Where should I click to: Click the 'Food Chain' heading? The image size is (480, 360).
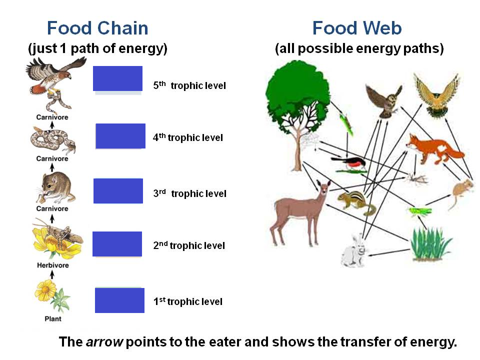(x=97, y=28)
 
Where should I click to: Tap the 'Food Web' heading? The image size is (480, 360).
(x=357, y=28)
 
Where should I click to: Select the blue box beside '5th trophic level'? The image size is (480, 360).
(x=118, y=78)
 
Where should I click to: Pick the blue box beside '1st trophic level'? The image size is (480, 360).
(x=119, y=300)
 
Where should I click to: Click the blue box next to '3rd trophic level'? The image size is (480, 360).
(x=118, y=190)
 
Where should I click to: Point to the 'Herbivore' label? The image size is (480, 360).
(x=52, y=265)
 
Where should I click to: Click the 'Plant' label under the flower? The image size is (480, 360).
(x=53, y=318)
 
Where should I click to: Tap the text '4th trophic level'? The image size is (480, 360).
(x=188, y=137)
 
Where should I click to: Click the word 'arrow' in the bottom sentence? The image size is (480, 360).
(x=104, y=342)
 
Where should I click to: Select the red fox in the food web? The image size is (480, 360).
(x=434, y=148)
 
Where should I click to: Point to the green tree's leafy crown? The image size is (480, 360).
(x=297, y=95)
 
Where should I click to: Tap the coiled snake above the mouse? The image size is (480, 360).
(x=52, y=140)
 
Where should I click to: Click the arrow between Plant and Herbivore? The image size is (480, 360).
(x=52, y=275)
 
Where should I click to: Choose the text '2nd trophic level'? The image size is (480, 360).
(x=189, y=245)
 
